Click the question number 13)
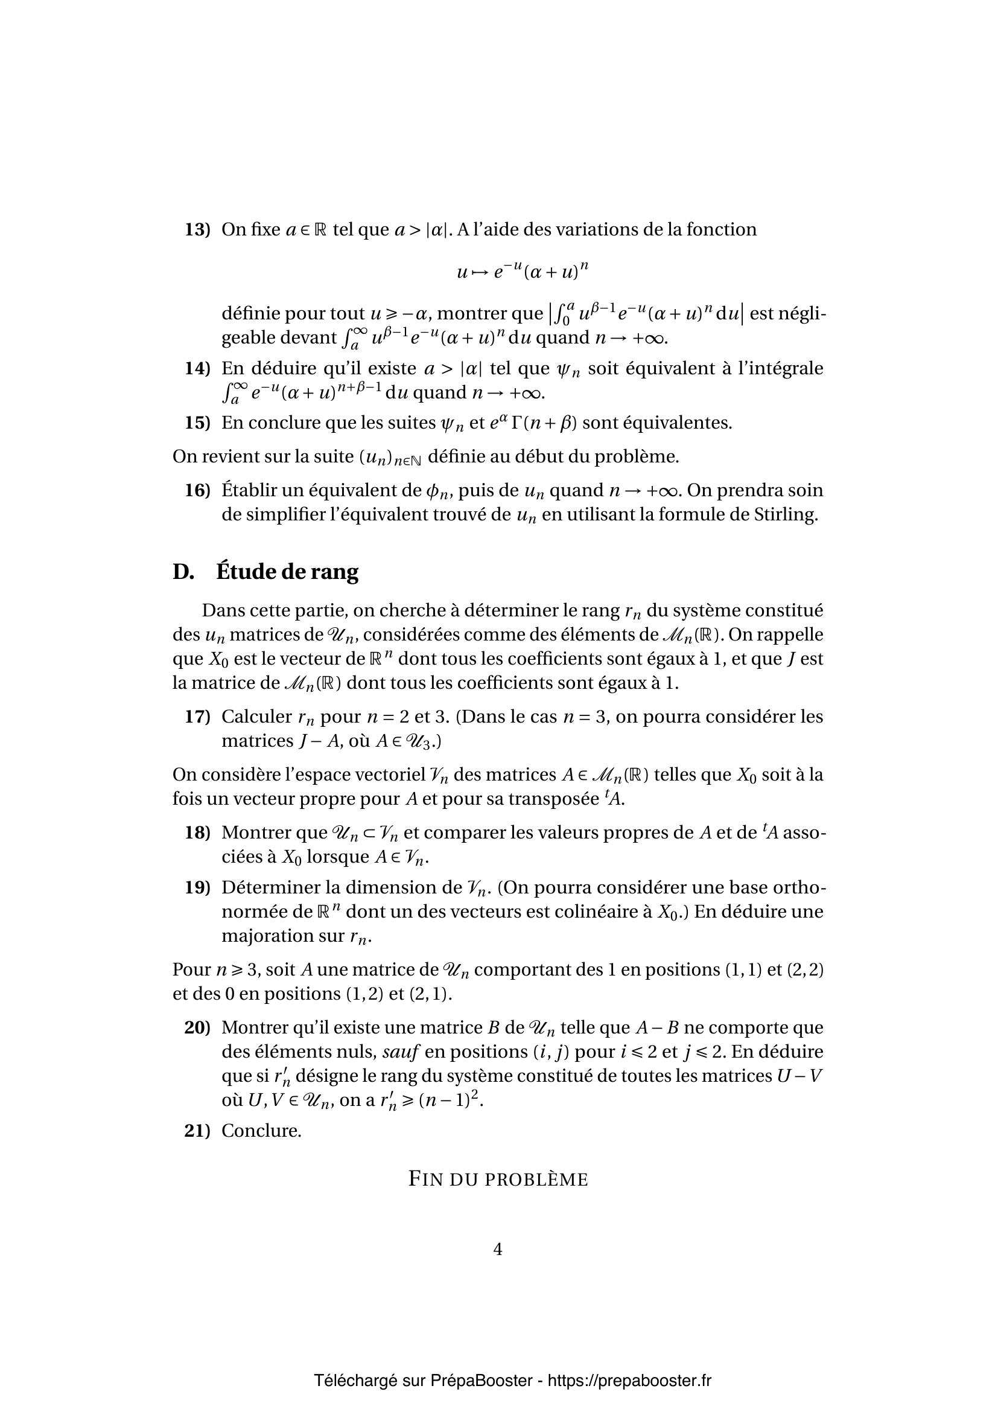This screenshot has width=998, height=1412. [x=197, y=230]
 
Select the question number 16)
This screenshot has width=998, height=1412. [x=197, y=491]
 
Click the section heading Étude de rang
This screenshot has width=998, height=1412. [x=287, y=572]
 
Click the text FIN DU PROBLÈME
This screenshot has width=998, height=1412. [x=498, y=1180]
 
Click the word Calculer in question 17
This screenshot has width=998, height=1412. [x=256, y=717]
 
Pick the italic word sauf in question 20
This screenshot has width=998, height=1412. [x=400, y=1052]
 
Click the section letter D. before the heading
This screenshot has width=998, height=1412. [x=183, y=572]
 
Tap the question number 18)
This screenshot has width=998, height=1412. [x=197, y=833]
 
